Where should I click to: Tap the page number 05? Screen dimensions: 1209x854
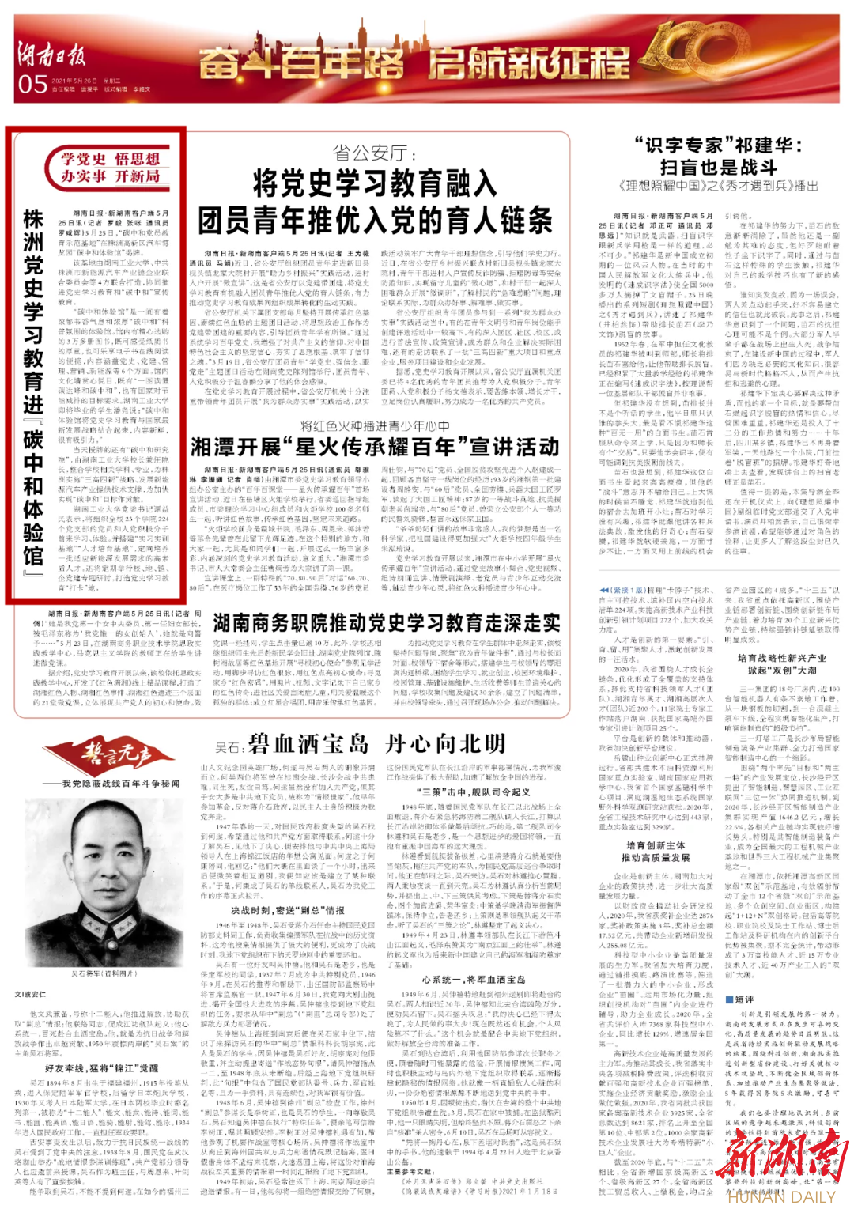32,84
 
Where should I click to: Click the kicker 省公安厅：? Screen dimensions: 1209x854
371,153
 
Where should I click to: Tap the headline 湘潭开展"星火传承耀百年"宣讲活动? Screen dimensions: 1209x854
375,447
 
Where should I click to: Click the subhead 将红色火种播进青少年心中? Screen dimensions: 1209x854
374,425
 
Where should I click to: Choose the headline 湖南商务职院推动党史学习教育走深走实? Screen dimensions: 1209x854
387,622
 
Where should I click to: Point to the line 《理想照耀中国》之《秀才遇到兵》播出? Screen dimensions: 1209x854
718,186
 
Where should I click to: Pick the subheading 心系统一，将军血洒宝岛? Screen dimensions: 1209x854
473,979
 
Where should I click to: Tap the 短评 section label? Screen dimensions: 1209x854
743,999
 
